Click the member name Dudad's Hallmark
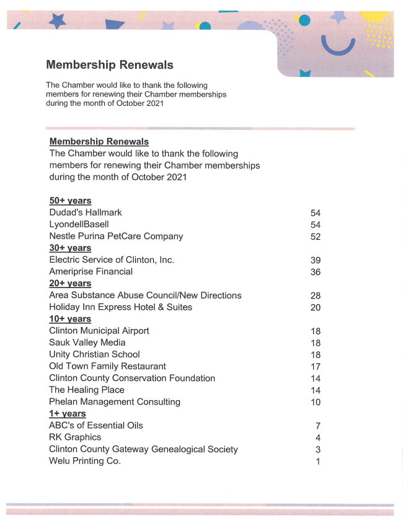coord(86,212)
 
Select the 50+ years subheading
coord(70,201)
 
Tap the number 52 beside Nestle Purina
coord(316,237)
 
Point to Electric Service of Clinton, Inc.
coord(112,260)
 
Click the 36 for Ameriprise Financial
coord(316,272)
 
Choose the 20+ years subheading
coord(70,283)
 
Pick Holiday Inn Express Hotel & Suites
coord(120,307)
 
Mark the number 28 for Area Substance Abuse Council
coord(316,296)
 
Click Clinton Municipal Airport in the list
coord(99,331)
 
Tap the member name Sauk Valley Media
coord(87,343)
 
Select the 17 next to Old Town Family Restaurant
coord(316,367)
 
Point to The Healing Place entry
coord(87,390)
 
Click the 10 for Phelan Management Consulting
coord(316,402)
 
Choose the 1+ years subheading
coord(68,413)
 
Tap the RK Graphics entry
coord(75,437)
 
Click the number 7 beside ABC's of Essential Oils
coord(318,426)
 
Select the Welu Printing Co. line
coord(85,461)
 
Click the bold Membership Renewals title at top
coord(110,65)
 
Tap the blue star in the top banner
coord(58,22)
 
